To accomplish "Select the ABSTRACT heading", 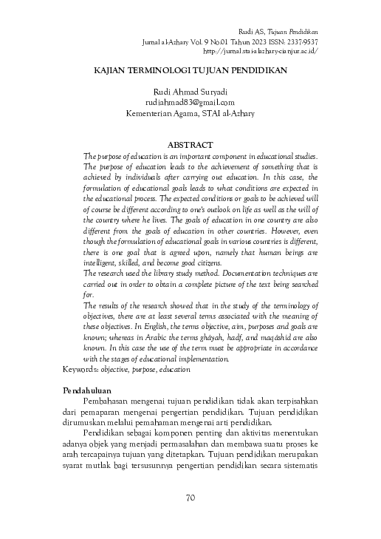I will (x=190, y=145).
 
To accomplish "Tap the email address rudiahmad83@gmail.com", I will (x=190, y=103).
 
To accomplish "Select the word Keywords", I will (x=80, y=368).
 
